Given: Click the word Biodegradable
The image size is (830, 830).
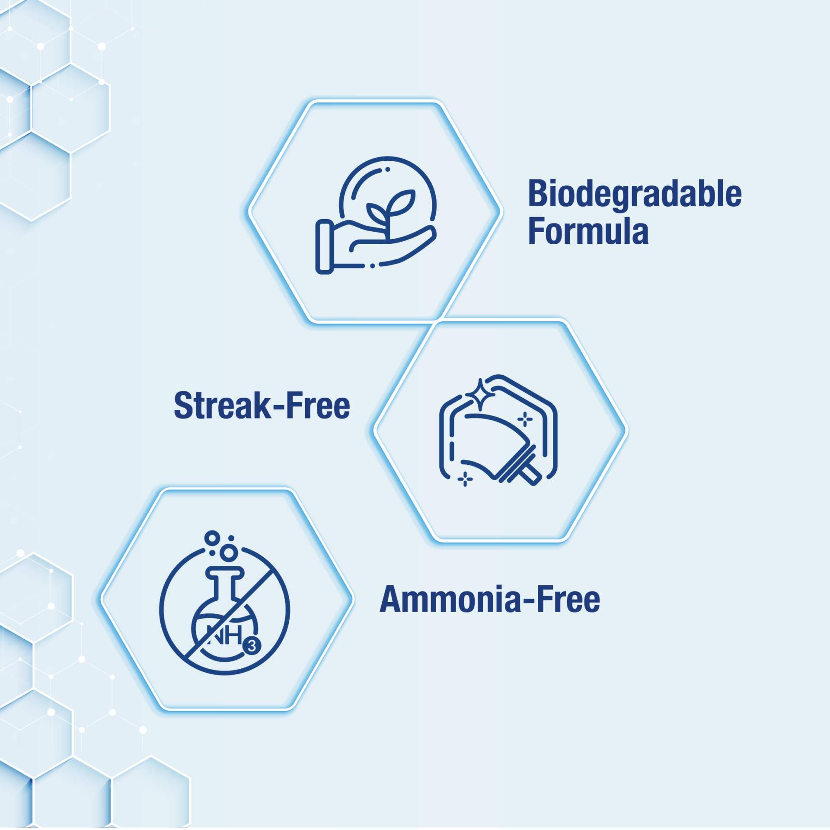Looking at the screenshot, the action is [635, 194].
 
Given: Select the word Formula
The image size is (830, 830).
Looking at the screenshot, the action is [588, 231].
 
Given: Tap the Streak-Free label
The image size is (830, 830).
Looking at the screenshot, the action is [262, 405].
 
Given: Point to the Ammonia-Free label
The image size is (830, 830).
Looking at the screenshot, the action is [490, 600].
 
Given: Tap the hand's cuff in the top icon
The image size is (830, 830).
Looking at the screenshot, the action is [325, 247].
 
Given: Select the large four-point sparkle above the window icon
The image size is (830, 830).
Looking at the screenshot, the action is [480, 395].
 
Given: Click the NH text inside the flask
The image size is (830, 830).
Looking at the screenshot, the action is [225, 635].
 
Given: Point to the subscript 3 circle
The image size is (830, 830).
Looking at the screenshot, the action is [252, 646].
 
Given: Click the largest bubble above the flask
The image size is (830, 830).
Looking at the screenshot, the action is [229, 552].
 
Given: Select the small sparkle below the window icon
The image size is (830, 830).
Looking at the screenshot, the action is [465, 479].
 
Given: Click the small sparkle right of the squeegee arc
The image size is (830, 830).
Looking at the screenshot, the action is [525, 419].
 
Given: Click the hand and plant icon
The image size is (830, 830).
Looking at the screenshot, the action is [376, 215].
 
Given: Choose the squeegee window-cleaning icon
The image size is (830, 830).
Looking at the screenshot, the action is [498, 430].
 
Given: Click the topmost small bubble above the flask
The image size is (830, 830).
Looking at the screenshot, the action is [212, 538].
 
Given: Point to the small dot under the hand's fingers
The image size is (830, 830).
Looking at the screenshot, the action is [373, 266].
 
